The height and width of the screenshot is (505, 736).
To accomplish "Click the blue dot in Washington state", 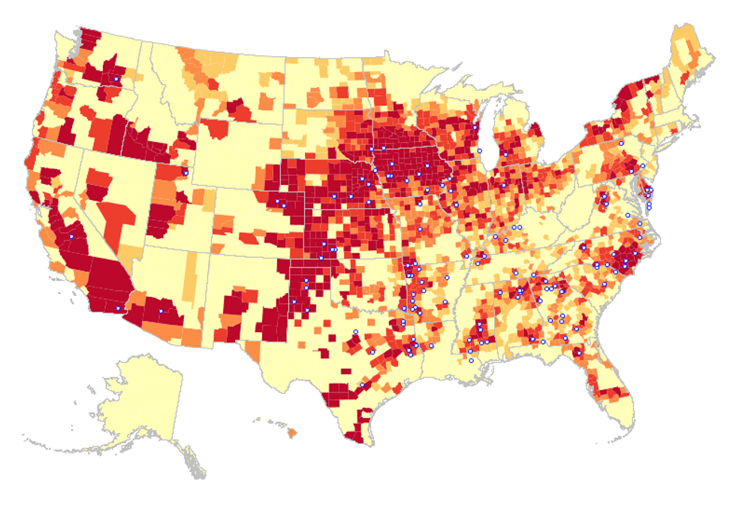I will coord(116,79).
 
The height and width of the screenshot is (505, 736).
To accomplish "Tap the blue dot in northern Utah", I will coord(186,174).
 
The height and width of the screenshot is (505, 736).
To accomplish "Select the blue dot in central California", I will coord(71,237).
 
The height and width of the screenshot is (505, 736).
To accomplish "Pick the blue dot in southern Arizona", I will coord(161,311).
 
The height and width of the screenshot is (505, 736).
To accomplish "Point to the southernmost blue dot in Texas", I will coord(362,386).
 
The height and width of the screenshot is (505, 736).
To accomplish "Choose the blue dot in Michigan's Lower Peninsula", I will coord(505,154).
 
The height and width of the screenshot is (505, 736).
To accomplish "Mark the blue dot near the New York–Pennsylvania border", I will coord(621,142).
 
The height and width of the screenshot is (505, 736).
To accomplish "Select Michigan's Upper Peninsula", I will coord(466,101).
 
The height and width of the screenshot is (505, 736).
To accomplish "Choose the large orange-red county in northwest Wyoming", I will coord(214,129).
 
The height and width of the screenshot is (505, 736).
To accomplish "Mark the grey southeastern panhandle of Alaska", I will coord(192,462).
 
